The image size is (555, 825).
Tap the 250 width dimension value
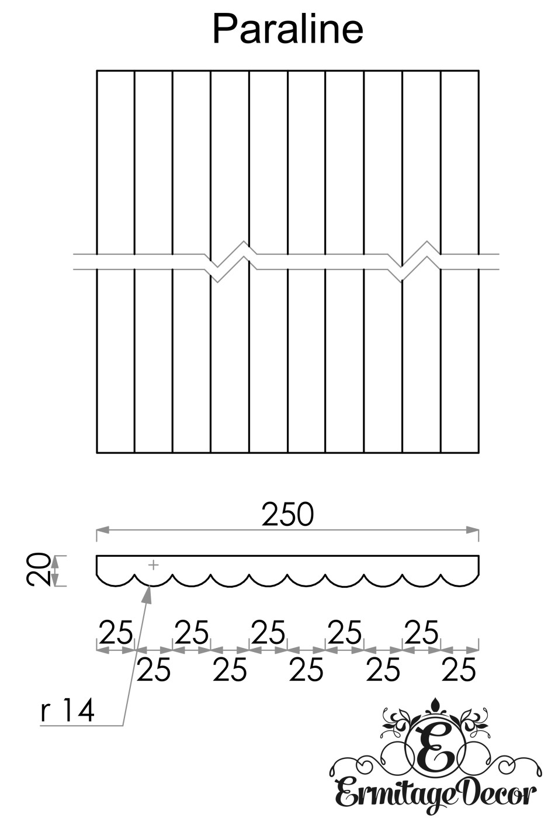coord(287,514)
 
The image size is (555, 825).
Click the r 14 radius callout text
coord(68,711)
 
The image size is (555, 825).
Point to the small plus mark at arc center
coord(153,565)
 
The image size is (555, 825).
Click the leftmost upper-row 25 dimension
coord(116,632)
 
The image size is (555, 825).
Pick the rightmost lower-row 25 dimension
coord(459,670)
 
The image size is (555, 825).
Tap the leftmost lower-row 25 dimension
coord(153,670)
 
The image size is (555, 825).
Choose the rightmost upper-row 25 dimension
coord(421,632)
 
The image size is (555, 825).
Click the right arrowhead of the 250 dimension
coord(473,530)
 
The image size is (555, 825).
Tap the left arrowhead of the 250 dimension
coord(102,530)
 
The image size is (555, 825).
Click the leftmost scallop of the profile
coord(115,578)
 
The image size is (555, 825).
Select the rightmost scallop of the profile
coord(460,578)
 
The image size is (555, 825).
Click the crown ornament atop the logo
coord(435,708)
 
